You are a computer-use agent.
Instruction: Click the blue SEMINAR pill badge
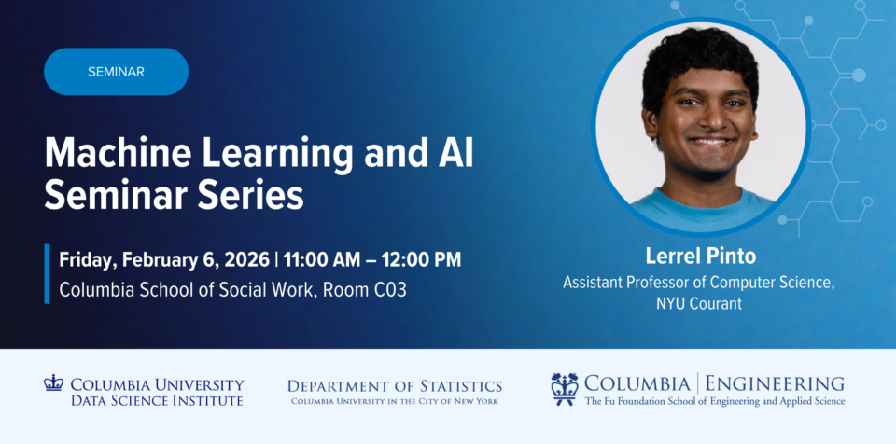coord(116,72)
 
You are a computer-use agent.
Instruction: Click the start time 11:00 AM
coord(322,260)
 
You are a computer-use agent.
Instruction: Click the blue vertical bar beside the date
coord(47,273)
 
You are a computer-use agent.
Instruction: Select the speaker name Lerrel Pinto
coord(701,256)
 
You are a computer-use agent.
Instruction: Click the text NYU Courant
coord(699,303)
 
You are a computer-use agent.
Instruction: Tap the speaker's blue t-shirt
coord(702,209)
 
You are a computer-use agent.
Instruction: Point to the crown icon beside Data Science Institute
coord(53,382)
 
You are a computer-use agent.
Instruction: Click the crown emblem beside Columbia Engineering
coord(565,389)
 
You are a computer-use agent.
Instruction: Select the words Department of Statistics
coord(395,386)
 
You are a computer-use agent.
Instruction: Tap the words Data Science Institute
coord(157,400)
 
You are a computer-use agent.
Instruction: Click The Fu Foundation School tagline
coord(714,401)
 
